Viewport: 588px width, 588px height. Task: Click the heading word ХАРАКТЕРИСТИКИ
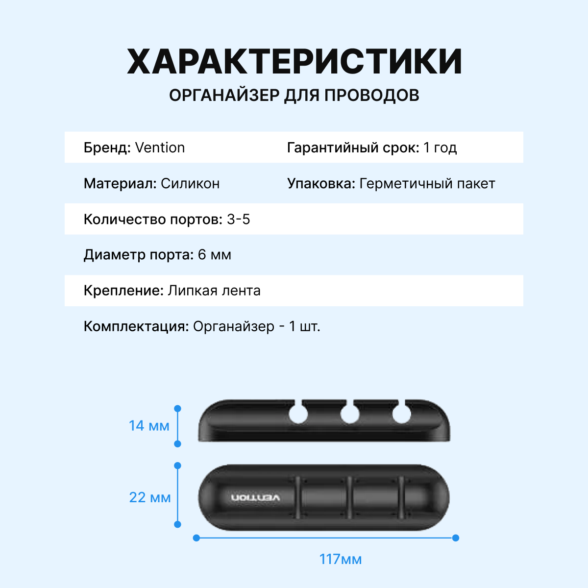click(x=294, y=62)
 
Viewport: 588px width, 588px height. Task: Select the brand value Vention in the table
click(x=160, y=147)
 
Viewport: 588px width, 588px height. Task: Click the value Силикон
click(x=190, y=184)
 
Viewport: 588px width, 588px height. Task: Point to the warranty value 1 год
click(x=440, y=147)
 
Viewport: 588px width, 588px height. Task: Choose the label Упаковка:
click(x=321, y=184)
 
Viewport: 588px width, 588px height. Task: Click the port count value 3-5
click(x=239, y=220)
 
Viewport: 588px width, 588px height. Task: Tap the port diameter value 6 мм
click(x=215, y=255)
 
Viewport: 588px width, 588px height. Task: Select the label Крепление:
click(x=123, y=291)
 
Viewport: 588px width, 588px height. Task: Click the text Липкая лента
click(x=214, y=291)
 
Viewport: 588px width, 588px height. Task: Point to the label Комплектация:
click(x=136, y=327)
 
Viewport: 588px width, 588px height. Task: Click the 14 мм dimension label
click(x=149, y=426)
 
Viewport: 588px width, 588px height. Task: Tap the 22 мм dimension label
click(x=150, y=498)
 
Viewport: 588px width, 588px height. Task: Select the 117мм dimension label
click(x=341, y=559)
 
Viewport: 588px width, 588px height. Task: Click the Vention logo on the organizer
click(x=256, y=498)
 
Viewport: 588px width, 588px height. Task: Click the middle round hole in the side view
click(x=350, y=415)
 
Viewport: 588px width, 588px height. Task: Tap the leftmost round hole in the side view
click(x=298, y=415)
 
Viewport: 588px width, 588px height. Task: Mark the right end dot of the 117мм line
click(x=456, y=538)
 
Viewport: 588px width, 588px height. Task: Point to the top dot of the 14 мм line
click(x=178, y=408)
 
